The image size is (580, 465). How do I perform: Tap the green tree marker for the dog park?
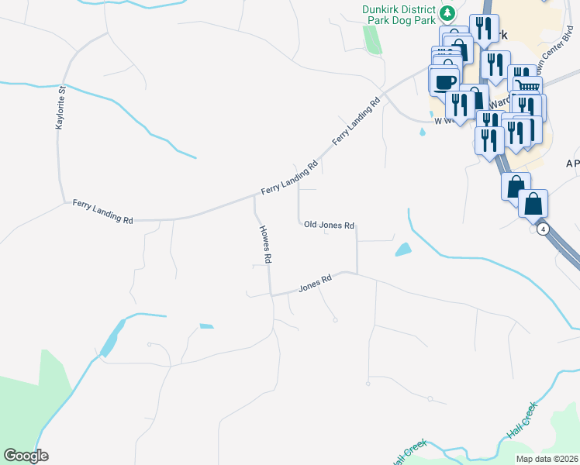(x=447, y=13)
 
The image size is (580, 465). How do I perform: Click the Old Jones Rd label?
(x=329, y=225)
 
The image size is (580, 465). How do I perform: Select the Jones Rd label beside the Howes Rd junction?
(x=316, y=284)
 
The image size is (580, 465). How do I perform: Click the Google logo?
(x=26, y=456)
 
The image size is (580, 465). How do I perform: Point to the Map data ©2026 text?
(x=546, y=458)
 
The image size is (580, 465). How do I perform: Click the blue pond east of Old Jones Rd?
(x=402, y=250)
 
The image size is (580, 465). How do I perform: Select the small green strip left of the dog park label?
(x=373, y=39)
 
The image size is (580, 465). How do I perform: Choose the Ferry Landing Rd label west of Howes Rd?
(x=102, y=211)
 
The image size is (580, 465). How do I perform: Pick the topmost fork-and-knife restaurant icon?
(x=484, y=29)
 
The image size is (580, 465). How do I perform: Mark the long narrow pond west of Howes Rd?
(x=112, y=339)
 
